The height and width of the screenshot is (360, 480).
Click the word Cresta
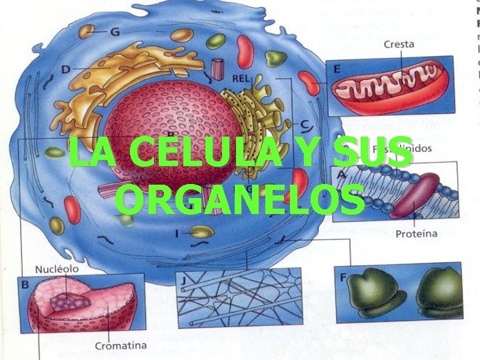pyautogui.click(x=399, y=45)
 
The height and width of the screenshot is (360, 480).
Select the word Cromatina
pyautogui.click(x=120, y=346)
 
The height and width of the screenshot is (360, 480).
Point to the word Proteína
pyautogui.click(x=416, y=233)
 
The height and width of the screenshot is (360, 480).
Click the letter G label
pyautogui.click(x=115, y=31)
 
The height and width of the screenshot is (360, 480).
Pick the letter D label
pyautogui.click(x=65, y=69)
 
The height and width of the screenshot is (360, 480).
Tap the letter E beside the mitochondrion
pyautogui.click(x=337, y=69)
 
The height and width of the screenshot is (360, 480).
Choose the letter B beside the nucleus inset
pyautogui.click(x=25, y=285)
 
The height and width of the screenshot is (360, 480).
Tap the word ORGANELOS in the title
pyautogui.click(x=239, y=199)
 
